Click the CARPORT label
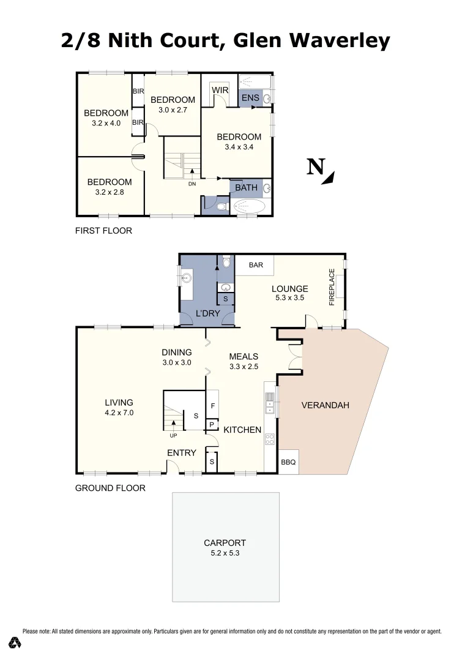[225, 543]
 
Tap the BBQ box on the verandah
[288, 463]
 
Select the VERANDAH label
[325, 405]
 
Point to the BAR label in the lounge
[256, 265]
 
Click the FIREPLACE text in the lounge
[332, 287]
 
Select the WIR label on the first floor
[220, 91]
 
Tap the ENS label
[250, 98]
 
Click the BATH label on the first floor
[246, 187]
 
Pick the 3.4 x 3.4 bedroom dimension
[239, 147]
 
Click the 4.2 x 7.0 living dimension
[119, 413]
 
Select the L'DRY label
[207, 313]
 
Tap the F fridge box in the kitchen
[212, 406]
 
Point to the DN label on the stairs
[192, 184]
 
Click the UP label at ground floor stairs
[174, 436]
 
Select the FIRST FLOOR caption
[103, 231]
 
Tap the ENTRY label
[182, 453]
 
